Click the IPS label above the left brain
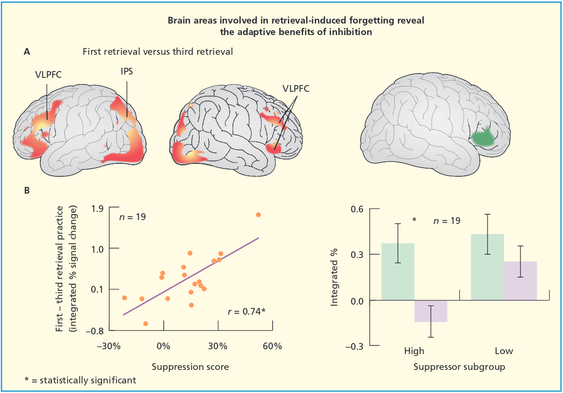pyautogui.click(x=127, y=72)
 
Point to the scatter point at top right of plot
pyautogui.click(x=258, y=215)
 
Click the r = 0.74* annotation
pyautogui.click(x=246, y=311)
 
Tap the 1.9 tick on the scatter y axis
pyautogui.click(x=98, y=209)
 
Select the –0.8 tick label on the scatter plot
pyautogui.click(x=95, y=331)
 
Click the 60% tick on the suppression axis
pyautogui.click(x=272, y=346)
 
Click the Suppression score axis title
pyautogui.click(x=190, y=367)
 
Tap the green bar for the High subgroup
pyautogui.click(x=398, y=272)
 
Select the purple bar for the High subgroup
pyautogui.click(x=431, y=311)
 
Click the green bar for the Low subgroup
pyautogui.click(x=487, y=267)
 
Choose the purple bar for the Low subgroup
pyautogui.click(x=520, y=281)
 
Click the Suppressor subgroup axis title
pyautogui.click(x=459, y=367)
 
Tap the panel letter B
pyautogui.click(x=27, y=191)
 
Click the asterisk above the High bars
pyautogui.click(x=414, y=220)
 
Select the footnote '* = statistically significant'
pyautogui.click(x=80, y=380)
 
